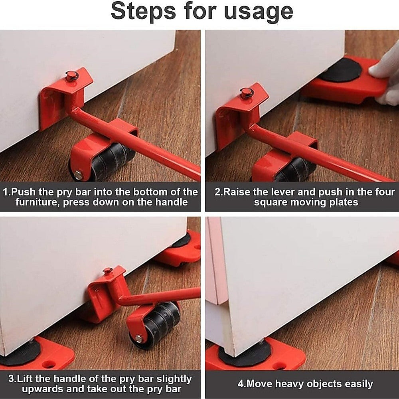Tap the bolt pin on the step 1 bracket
click(x=71, y=75)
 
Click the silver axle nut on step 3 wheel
click(x=139, y=339)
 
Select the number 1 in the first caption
click(x=6, y=192)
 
